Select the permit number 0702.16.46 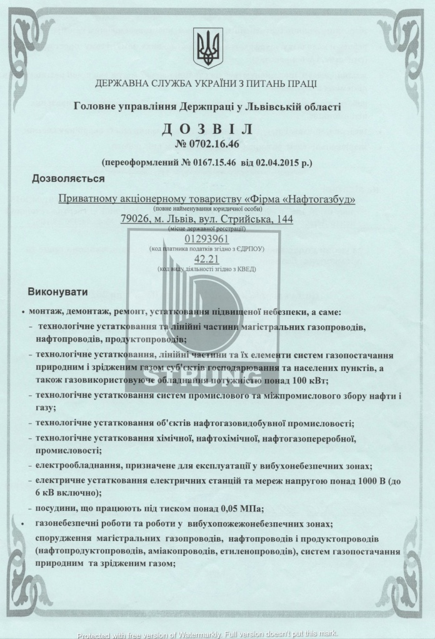pos(213,145)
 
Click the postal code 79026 pos(134,219)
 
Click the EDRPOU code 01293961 pos(207,239)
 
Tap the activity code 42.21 pos(207,259)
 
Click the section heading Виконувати pos(58,292)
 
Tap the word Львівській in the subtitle pos(277,107)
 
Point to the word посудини pos(62,507)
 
